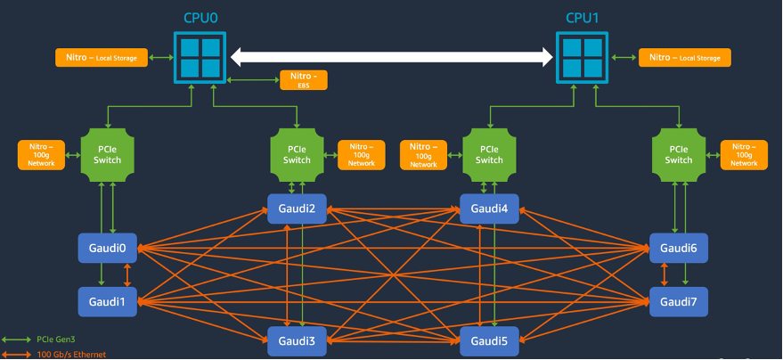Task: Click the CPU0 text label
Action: pyautogui.click(x=200, y=17)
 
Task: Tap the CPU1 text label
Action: pyautogui.click(x=583, y=17)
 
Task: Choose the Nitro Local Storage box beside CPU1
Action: pyautogui.click(x=684, y=58)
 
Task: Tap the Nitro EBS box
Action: pyautogui.click(x=304, y=80)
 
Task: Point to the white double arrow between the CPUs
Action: pyautogui.click(x=392, y=58)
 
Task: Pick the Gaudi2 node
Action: pyautogui.click(x=298, y=209)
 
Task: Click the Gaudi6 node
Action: pyautogui.click(x=679, y=247)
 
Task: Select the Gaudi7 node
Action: pyautogui.click(x=679, y=301)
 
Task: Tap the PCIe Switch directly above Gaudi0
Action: pyautogui.click(x=107, y=153)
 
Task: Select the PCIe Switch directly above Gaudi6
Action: pyautogui.click(x=679, y=153)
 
